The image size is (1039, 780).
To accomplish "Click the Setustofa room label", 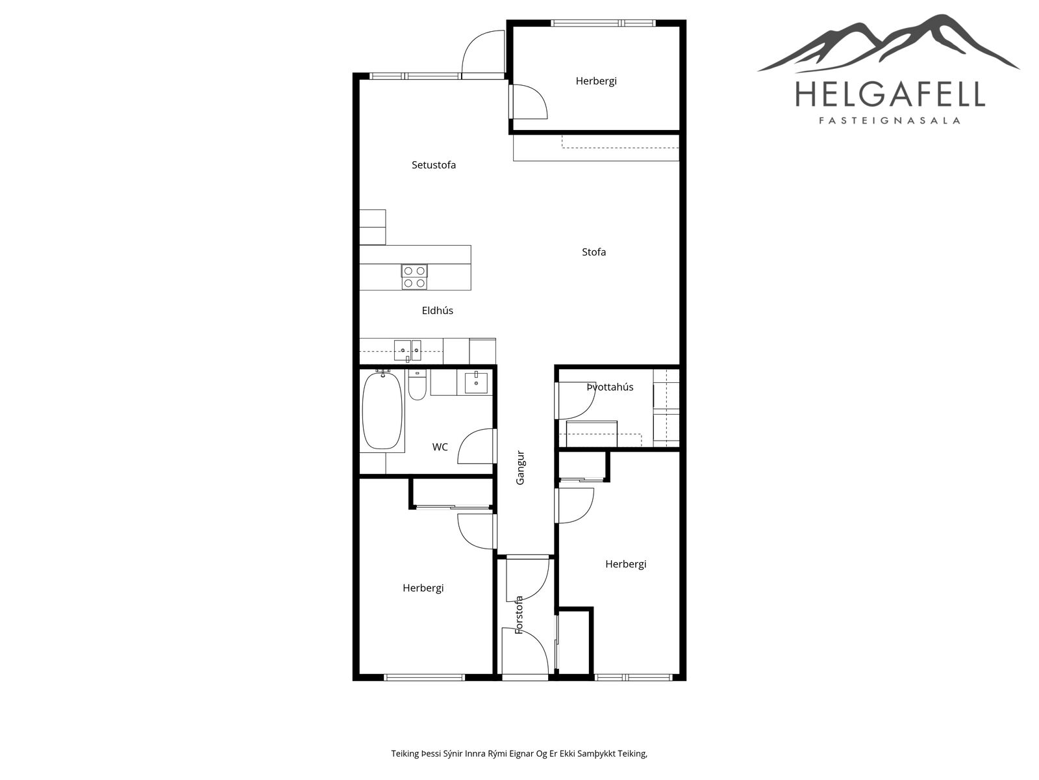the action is [x=433, y=165].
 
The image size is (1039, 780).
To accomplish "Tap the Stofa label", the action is [x=594, y=252].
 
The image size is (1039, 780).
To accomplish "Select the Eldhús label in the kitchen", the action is [x=438, y=310].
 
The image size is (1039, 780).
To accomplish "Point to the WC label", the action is [x=440, y=447].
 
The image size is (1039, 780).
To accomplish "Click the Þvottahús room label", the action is [x=610, y=387].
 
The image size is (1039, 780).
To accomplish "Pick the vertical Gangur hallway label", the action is [x=520, y=467].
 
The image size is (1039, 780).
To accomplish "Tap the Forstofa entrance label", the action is [x=519, y=615].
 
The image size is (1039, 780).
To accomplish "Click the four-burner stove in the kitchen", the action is [x=414, y=277].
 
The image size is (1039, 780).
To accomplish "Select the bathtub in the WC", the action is [x=382, y=411].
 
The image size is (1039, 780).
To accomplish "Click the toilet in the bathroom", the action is [x=417, y=385].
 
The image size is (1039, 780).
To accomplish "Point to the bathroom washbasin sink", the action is [x=476, y=382].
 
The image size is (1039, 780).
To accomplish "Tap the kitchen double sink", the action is [x=408, y=350].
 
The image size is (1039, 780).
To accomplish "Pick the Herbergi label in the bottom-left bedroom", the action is [x=423, y=588].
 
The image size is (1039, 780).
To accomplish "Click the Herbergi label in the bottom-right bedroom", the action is [x=625, y=564].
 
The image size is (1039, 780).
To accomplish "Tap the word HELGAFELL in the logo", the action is [x=890, y=94].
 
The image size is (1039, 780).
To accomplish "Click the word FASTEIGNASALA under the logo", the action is [x=890, y=121].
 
